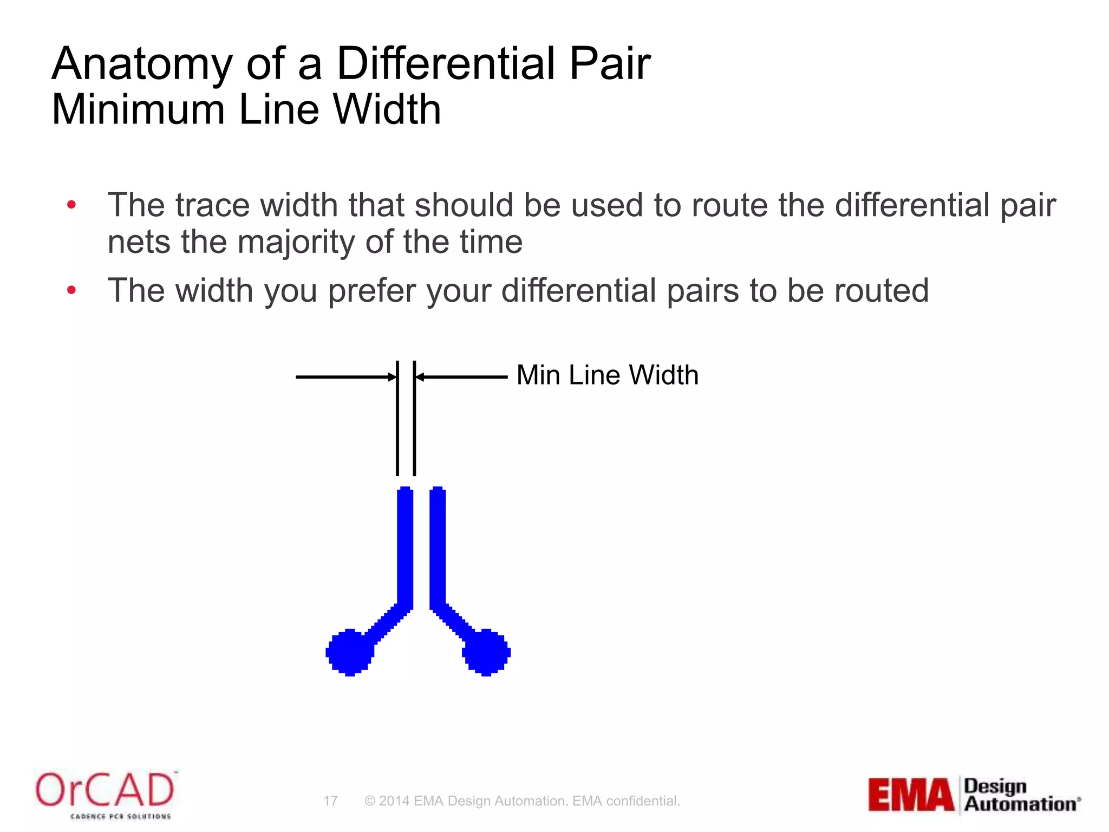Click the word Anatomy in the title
(x=142, y=65)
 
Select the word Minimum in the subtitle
(x=138, y=110)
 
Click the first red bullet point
(x=71, y=205)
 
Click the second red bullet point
(x=71, y=291)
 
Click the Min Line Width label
(x=607, y=375)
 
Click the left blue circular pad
(x=350, y=652)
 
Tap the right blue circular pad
(x=486, y=652)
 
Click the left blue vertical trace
(x=405, y=547)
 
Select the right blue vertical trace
(x=438, y=547)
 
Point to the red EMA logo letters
(x=911, y=795)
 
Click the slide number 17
(x=330, y=801)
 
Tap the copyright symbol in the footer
(x=370, y=801)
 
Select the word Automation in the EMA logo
(x=1020, y=804)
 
